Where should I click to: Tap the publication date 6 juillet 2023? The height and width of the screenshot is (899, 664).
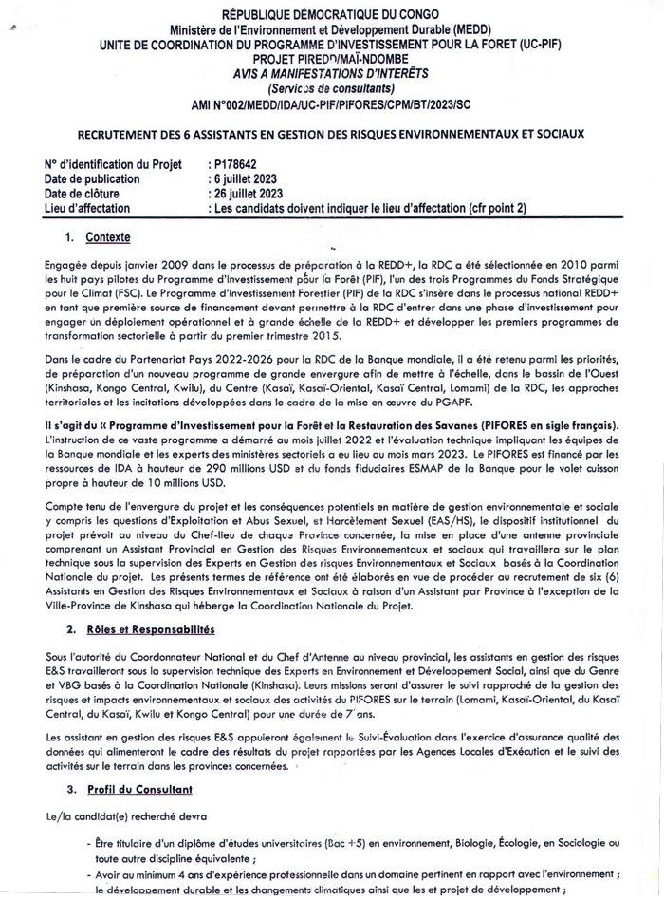(x=245, y=178)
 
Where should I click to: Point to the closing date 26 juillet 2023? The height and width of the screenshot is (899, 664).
(x=248, y=193)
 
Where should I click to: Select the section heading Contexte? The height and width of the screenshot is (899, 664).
(x=107, y=237)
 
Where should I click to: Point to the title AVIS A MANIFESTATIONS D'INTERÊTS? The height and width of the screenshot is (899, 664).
(x=331, y=72)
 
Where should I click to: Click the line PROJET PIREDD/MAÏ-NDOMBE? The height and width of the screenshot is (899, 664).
(x=331, y=57)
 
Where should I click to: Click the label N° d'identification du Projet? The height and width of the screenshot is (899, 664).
(x=113, y=164)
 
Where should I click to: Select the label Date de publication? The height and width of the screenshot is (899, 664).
(x=92, y=178)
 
